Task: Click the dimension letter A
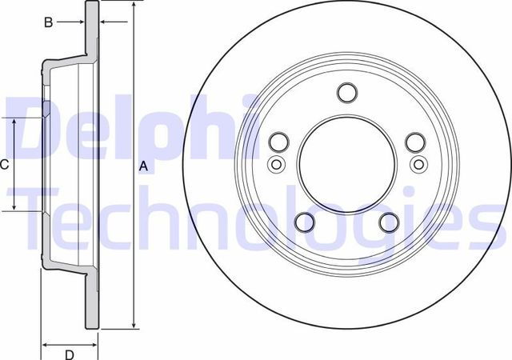(x=143, y=166)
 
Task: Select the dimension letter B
(x=48, y=23)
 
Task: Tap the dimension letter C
(x=5, y=165)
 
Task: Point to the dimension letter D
(x=69, y=354)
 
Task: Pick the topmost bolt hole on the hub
(x=346, y=93)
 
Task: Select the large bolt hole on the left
(x=279, y=142)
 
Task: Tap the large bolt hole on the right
(x=414, y=142)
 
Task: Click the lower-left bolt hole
(x=305, y=222)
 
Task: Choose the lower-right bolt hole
(x=389, y=222)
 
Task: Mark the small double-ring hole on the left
(x=275, y=165)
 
